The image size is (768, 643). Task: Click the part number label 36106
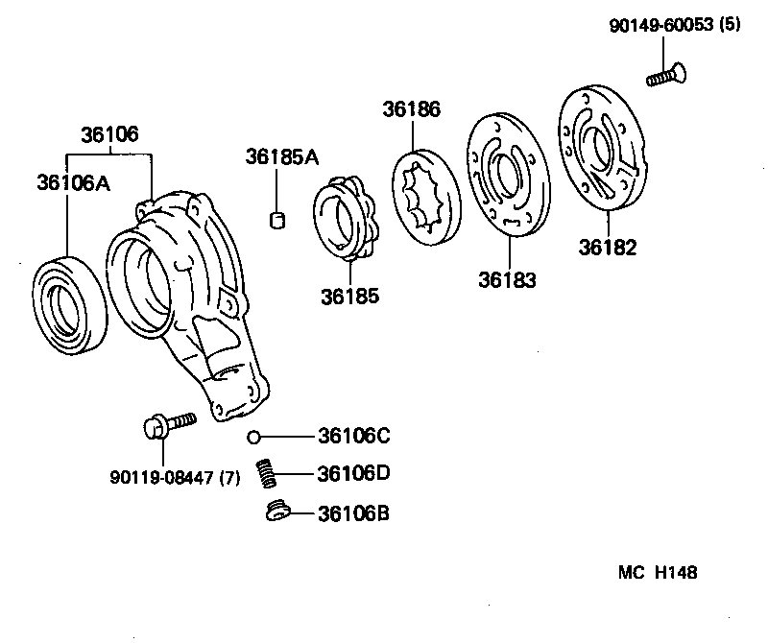pyautogui.click(x=109, y=134)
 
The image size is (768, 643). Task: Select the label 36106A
pyautogui.click(x=73, y=182)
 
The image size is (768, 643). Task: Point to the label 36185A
pyautogui.click(x=280, y=156)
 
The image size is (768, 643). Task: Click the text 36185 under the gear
pyautogui.click(x=350, y=296)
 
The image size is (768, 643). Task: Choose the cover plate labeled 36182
pyautogui.click(x=603, y=149)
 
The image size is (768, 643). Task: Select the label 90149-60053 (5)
pyautogui.click(x=675, y=27)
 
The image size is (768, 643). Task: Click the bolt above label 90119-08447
pyautogui.click(x=167, y=423)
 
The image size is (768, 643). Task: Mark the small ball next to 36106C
pyautogui.click(x=253, y=438)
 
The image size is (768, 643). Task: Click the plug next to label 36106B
pyautogui.click(x=277, y=512)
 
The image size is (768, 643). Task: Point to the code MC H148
pyautogui.click(x=658, y=572)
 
